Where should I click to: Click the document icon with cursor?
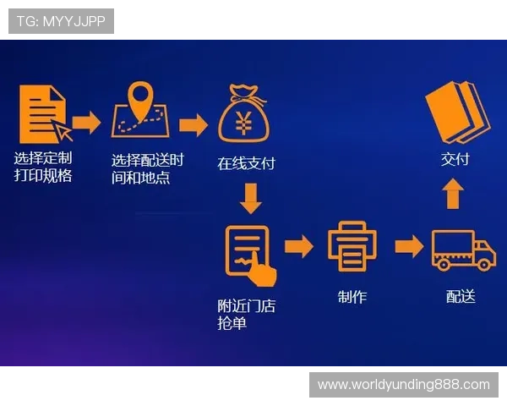46,114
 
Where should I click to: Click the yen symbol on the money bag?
243,123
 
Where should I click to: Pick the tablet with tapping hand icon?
251,255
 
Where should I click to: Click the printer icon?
352,247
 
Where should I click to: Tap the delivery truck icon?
463,250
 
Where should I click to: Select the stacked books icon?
457,112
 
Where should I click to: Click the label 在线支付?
246,163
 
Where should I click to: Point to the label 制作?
352,297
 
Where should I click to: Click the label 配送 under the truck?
461,296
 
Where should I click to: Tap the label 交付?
455,159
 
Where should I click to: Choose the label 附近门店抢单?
247,315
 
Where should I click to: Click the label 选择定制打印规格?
43,167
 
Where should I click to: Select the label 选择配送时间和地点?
147,168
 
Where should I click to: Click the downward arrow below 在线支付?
251,199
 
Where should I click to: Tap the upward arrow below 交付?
453,194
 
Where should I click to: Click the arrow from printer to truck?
409,247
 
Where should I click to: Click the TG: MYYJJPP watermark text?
61,21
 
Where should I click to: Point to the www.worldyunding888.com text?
404,385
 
